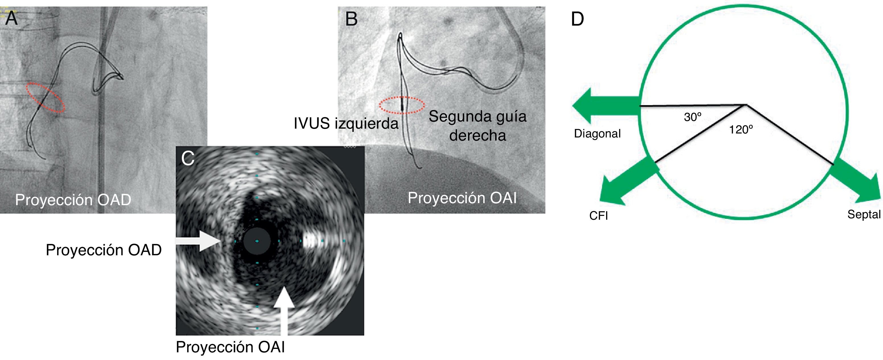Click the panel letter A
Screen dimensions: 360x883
pyautogui.click(x=11, y=18)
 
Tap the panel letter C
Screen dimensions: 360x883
pyautogui.click(x=188, y=159)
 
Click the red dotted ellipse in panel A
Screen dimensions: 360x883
pyautogui.click(x=45, y=97)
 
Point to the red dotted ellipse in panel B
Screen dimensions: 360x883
pyautogui.click(x=402, y=105)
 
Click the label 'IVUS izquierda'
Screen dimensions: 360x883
pyautogui.click(x=346, y=124)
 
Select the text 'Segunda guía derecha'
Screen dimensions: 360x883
pyautogui.click(x=477, y=126)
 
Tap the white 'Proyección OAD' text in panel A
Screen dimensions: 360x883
pyautogui.click(x=73, y=200)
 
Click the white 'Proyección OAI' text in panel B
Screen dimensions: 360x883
pyautogui.click(x=462, y=198)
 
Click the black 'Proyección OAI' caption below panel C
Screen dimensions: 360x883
pyautogui.click(x=230, y=347)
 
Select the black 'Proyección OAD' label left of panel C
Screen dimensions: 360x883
pyautogui.click(x=104, y=250)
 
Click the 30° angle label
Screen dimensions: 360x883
pyautogui.click(x=692, y=117)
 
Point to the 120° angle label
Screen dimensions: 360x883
pyautogui.click(x=741, y=129)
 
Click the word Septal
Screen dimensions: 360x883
pyautogui.click(x=863, y=214)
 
